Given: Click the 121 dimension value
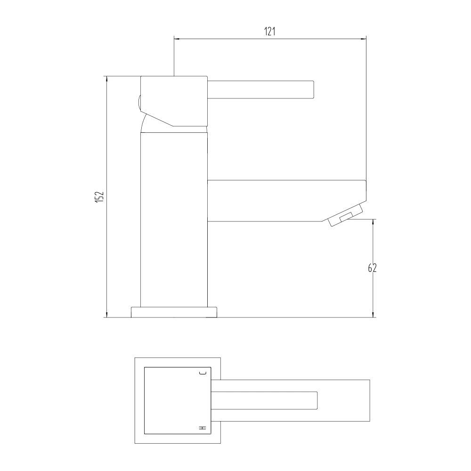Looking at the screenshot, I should pyautogui.click(x=270, y=32).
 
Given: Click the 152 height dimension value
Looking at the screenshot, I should pyautogui.click(x=98, y=197).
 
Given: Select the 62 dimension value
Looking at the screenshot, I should pyautogui.click(x=372, y=268).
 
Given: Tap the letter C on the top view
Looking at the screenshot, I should pyautogui.click(x=203, y=374).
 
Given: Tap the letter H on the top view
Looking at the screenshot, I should pyautogui.click(x=203, y=428).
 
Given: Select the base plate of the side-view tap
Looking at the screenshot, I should pyautogui.click(x=174, y=312).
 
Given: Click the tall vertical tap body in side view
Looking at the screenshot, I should pyautogui.click(x=174, y=221).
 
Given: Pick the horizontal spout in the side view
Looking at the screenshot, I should pyautogui.click(x=283, y=200).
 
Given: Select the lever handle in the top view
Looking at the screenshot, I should pyautogui.click(x=265, y=400).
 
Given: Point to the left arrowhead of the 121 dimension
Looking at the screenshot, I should pyautogui.click(x=177, y=39).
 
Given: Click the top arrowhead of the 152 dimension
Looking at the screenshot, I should pyautogui.click(x=107, y=79).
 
